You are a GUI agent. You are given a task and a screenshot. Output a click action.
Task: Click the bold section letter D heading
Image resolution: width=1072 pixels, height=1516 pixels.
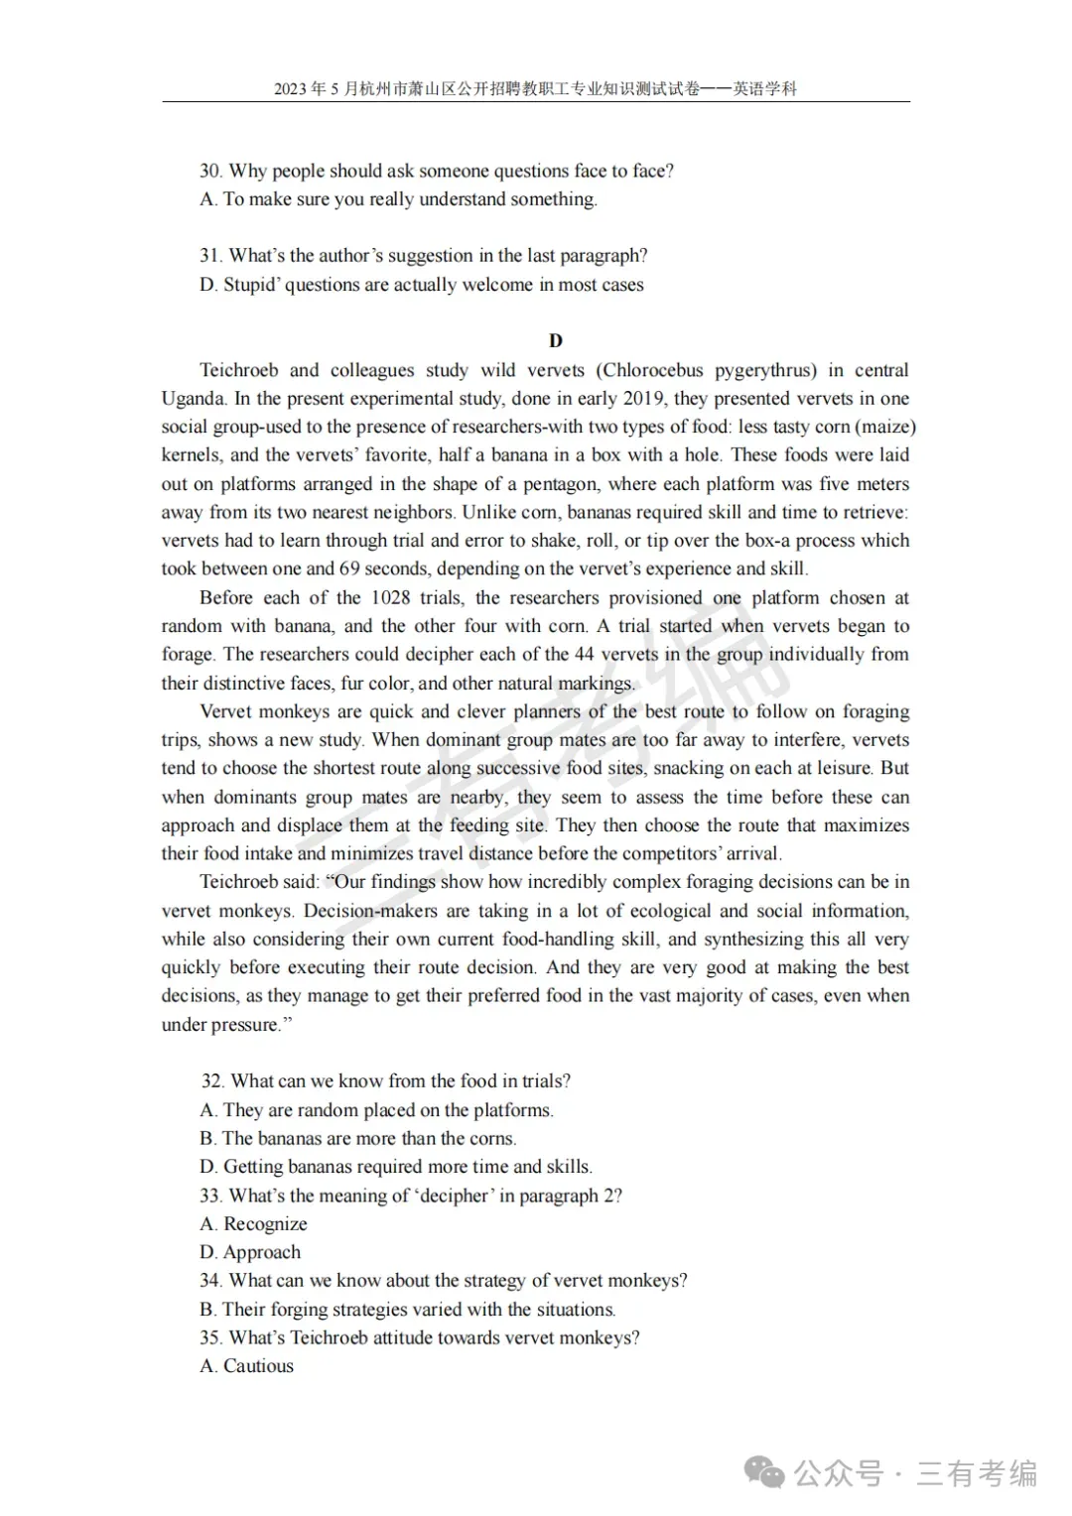click(556, 341)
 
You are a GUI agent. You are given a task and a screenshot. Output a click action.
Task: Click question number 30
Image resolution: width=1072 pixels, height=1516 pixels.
click(209, 171)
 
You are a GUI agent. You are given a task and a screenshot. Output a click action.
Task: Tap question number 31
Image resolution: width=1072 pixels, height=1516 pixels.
click(209, 256)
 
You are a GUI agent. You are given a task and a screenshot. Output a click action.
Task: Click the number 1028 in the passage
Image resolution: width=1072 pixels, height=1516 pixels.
click(391, 598)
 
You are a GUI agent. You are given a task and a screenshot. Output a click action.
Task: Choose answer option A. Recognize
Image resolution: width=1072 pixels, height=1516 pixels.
click(254, 1224)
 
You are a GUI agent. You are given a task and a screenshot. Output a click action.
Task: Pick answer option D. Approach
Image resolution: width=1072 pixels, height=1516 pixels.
click(250, 1253)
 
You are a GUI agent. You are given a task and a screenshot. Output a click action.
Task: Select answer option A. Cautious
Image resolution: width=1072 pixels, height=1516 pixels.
click(247, 1366)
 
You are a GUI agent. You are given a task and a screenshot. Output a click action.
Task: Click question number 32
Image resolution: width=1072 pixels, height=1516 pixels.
click(211, 1081)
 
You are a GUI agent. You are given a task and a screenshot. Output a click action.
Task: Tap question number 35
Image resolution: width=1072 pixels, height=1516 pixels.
click(209, 1338)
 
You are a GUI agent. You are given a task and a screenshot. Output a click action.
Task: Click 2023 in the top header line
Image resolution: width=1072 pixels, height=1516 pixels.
click(291, 89)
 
